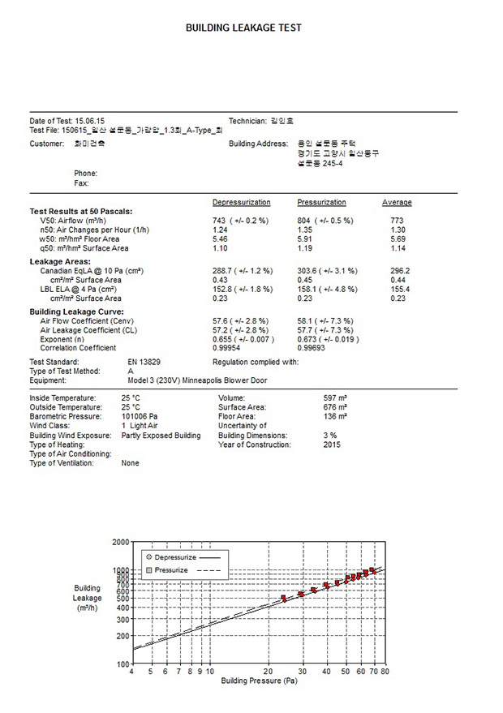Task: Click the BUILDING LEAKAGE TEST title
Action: (x=243, y=28)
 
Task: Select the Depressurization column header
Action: (x=241, y=202)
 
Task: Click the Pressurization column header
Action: (x=321, y=202)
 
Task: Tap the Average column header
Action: (x=397, y=202)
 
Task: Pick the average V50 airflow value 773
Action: (x=397, y=221)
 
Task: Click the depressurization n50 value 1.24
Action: (x=220, y=230)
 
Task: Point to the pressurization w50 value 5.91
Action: (x=306, y=239)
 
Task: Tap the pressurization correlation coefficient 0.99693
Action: (x=313, y=348)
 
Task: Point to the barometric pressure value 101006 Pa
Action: (x=142, y=416)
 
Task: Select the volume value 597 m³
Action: (x=335, y=398)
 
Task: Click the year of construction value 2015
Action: (x=332, y=445)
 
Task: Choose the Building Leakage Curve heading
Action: (x=76, y=311)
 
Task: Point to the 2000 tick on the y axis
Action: (x=120, y=541)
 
